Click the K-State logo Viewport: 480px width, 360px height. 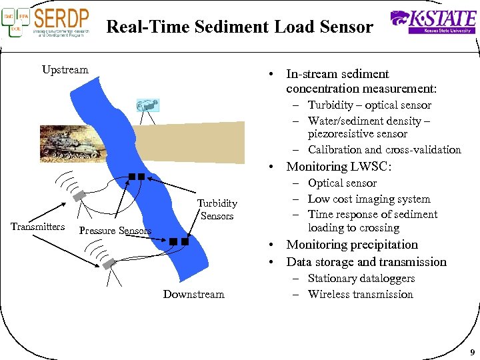tap(433, 21)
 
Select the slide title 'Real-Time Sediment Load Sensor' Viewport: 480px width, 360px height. tap(239, 27)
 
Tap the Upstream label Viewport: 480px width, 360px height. tap(65, 70)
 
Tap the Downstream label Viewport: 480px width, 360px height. tap(193, 294)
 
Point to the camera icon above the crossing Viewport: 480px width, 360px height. tap(147, 105)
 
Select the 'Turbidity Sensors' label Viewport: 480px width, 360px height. tap(217, 209)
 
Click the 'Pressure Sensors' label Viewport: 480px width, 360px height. tap(115, 231)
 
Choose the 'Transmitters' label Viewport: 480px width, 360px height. tap(38, 227)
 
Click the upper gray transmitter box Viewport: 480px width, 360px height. tap(80, 195)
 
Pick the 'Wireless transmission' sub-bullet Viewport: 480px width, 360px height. tap(360, 294)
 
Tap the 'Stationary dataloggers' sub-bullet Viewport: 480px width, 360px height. tap(361, 279)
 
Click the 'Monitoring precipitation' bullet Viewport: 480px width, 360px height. tap(351, 245)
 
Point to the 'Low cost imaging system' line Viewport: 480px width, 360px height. tap(369, 199)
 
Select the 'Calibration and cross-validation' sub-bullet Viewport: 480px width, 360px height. tap(384, 149)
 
